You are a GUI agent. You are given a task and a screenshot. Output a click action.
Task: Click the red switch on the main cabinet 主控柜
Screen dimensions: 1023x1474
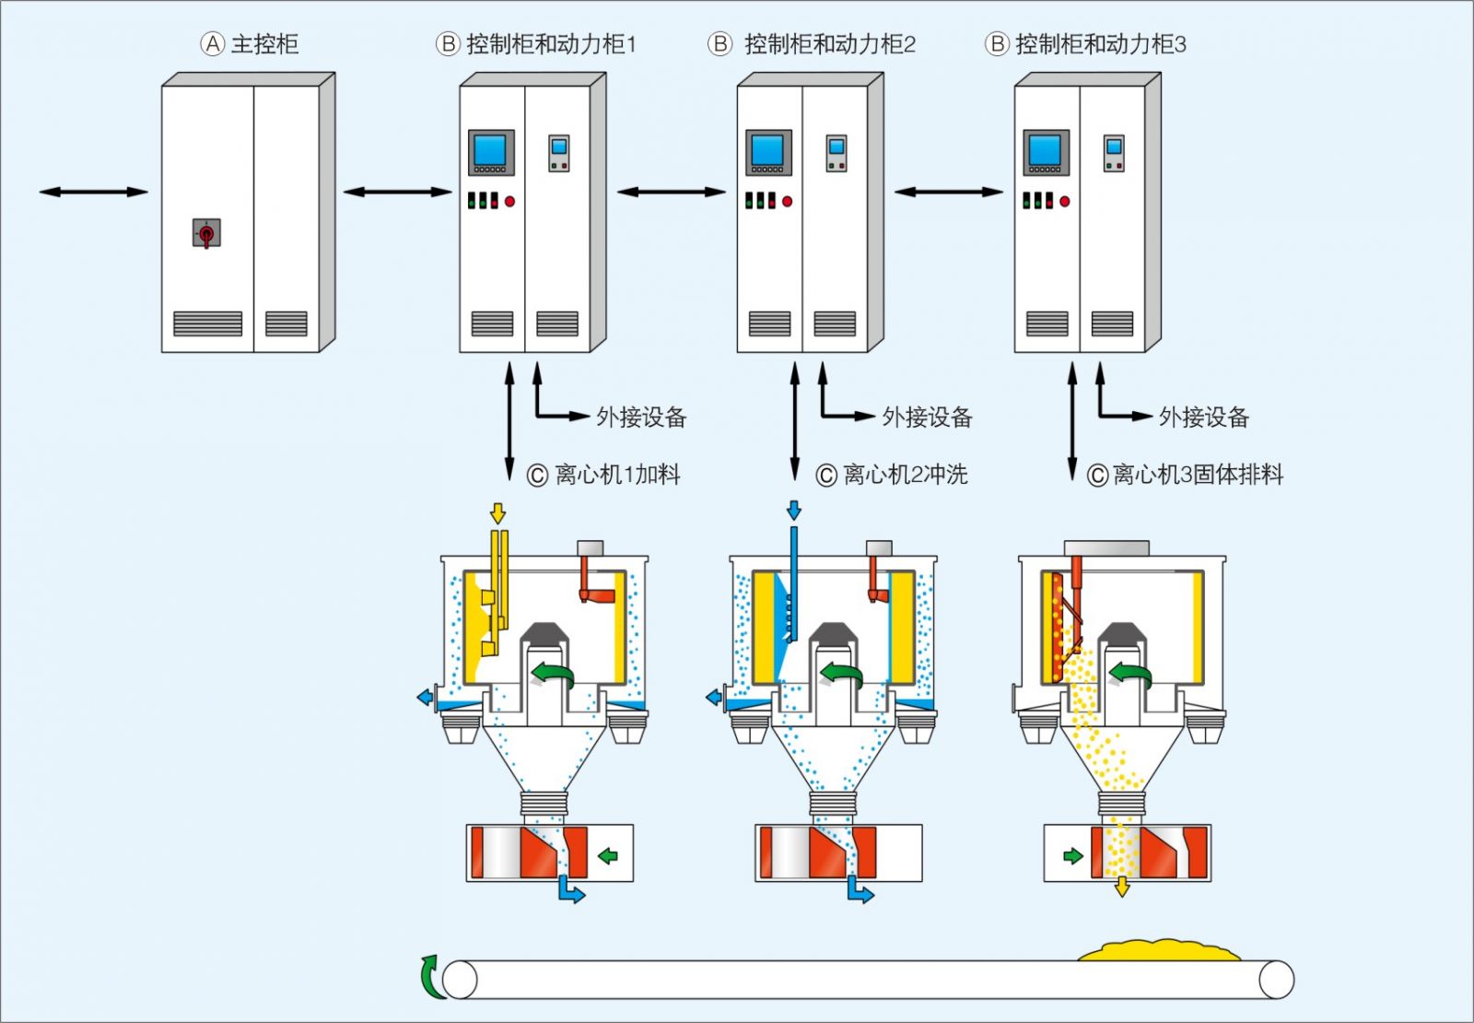(206, 233)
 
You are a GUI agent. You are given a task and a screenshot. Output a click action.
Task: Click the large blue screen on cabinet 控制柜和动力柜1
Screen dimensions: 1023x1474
(490, 150)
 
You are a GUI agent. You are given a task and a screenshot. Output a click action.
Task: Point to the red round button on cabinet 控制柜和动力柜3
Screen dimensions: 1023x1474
(1065, 201)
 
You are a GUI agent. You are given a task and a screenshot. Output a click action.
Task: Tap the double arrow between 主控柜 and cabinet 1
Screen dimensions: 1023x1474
(398, 192)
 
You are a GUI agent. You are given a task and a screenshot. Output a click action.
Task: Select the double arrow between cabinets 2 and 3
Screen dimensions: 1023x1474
(949, 192)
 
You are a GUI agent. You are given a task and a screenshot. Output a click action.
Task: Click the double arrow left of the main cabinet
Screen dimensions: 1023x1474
(93, 192)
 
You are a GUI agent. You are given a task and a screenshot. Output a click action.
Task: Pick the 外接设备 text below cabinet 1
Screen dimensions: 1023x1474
(641, 417)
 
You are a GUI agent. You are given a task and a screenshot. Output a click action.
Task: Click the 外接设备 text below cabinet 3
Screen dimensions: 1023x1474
(1203, 417)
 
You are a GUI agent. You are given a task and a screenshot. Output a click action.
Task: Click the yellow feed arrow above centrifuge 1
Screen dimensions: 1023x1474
(497, 512)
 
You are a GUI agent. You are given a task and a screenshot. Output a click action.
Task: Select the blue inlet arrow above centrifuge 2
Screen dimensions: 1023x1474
(794, 510)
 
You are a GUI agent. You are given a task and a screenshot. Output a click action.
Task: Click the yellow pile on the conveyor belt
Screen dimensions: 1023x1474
(1159, 951)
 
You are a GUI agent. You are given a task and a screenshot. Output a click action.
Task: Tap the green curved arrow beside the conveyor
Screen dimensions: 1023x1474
(430, 977)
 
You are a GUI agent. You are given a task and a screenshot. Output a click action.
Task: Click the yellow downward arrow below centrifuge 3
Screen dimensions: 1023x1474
(1121, 887)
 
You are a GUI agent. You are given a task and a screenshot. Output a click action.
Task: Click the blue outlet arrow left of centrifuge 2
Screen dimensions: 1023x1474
(714, 698)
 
